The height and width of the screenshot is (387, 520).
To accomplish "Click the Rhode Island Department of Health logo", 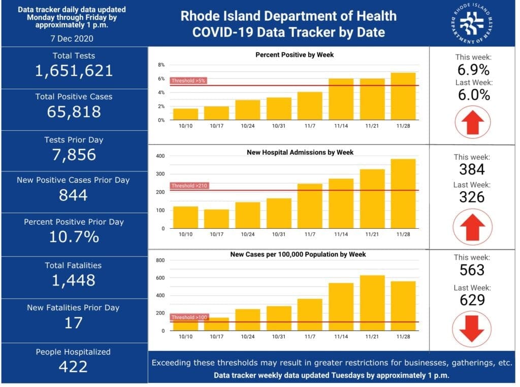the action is (472, 23).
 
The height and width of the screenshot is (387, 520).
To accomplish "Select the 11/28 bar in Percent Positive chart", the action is (403, 96).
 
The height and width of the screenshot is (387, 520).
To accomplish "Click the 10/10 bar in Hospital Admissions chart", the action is (186, 218).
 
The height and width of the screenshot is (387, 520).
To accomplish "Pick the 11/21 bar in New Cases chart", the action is (372, 303).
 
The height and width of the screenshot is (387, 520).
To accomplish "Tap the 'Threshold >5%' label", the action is (188, 81).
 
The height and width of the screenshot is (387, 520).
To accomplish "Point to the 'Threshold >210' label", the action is (189, 186).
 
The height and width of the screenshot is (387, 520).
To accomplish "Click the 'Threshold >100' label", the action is (189, 317).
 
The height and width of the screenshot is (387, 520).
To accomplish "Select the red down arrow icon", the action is (472, 329).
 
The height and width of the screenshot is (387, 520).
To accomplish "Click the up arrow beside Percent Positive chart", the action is (473, 122).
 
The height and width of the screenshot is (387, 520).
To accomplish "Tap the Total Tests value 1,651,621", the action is (74, 71).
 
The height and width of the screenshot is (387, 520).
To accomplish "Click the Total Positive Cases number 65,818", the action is (74, 112).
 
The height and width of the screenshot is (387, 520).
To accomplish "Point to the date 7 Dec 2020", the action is (72, 39).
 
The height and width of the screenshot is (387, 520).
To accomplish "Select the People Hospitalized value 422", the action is (73, 367).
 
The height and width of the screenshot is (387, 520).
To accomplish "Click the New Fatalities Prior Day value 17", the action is (73, 323).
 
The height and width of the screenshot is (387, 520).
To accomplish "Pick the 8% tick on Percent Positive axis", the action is (161, 64).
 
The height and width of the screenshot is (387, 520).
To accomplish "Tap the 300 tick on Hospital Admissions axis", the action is (160, 174).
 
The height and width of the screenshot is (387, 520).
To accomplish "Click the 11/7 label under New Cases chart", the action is (310, 337).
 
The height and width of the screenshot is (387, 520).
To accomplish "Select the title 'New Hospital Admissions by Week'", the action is (300, 152).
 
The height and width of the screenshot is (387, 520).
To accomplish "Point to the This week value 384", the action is (472, 169).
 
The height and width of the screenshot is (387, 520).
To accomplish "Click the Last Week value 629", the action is (472, 300).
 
